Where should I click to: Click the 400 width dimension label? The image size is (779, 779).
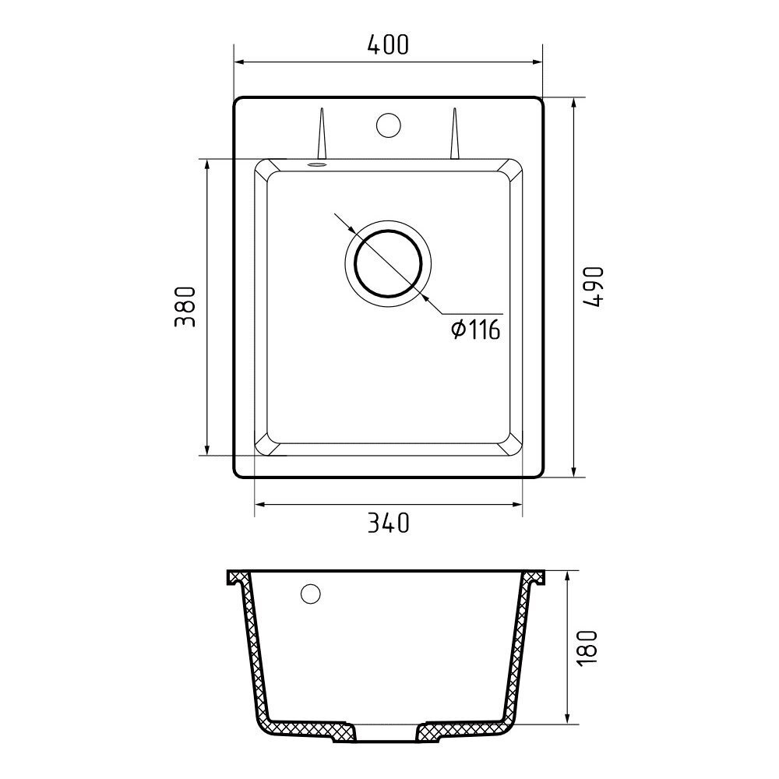(x=388, y=44)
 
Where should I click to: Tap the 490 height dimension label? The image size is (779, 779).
(x=594, y=287)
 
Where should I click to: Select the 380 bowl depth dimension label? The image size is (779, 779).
(x=185, y=306)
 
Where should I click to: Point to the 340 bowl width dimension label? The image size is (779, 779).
(x=388, y=523)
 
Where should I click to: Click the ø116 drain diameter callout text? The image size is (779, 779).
(x=475, y=330)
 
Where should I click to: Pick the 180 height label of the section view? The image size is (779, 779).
(x=587, y=648)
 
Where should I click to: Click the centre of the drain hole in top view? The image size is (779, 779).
(x=388, y=263)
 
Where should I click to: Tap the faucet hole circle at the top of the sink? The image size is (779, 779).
(x=389, y=125)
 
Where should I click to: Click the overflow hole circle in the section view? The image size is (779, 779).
(x=311, y=594)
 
